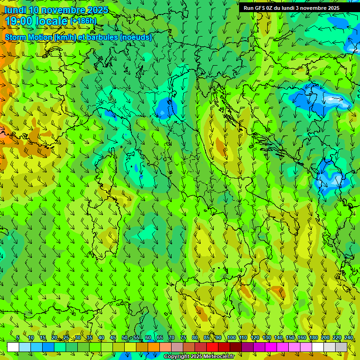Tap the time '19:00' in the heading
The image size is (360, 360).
point(19,21)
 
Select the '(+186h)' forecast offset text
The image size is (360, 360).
point(84,21)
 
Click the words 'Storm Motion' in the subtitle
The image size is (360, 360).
point(29,37)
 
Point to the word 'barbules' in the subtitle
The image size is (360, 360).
point(103,37)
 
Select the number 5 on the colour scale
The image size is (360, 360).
point(18,337)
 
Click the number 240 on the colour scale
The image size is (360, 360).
point(349,337)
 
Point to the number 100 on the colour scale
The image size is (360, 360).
point(232,337)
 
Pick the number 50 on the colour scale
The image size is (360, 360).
point(125,337)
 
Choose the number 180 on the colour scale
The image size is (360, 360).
point(313,337)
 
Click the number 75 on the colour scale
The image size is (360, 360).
point(183,337)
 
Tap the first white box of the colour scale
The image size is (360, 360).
point(13,347)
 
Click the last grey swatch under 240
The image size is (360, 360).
point(341,347)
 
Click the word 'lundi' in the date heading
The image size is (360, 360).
point(15,10)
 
